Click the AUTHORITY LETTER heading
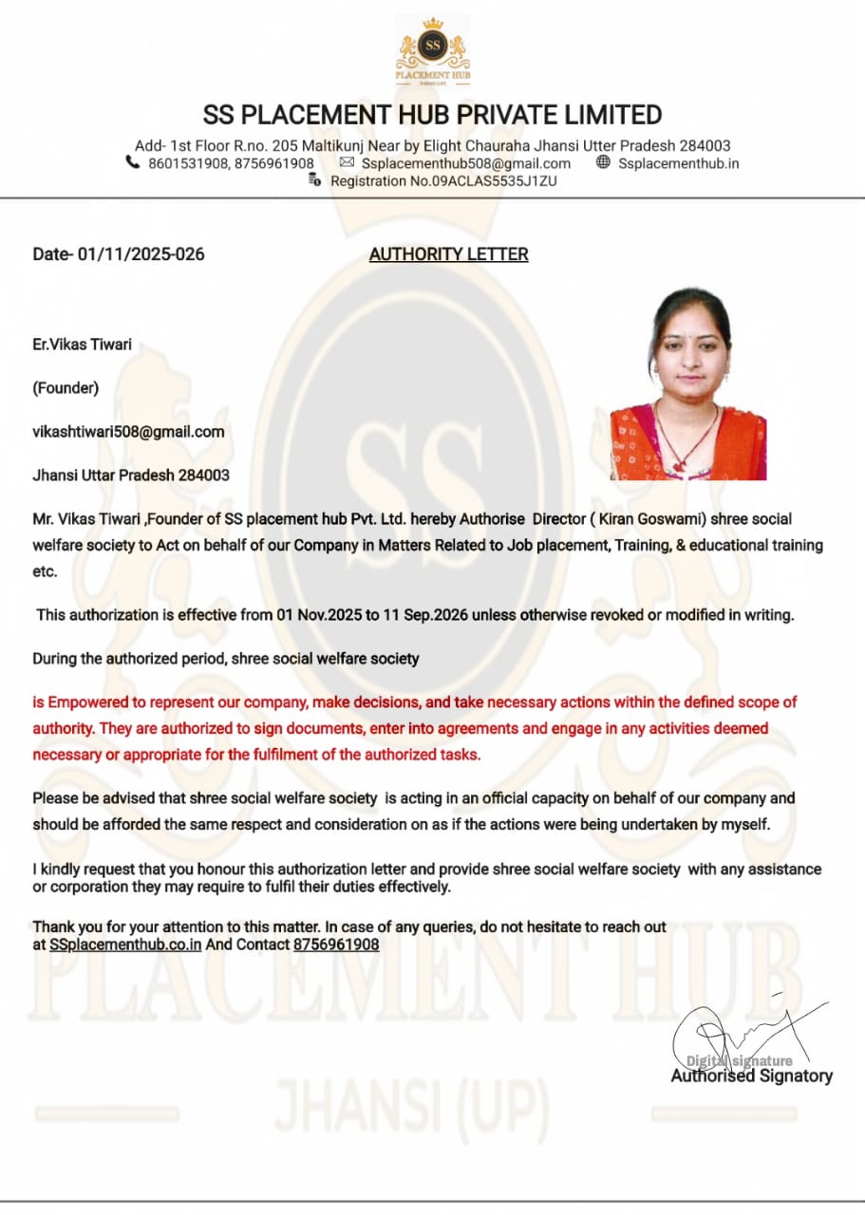[x=448, y=254]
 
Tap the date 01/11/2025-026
[x=141, y=254]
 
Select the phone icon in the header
[x=132, y=162]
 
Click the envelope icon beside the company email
[x=347, y=163]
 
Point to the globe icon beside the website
[x=603, y=162]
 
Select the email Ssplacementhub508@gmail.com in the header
[x=466, y=163]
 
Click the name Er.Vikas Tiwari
[x=83, y=345]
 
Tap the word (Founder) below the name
[x=66, y=387]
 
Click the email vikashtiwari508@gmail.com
[x=128, y=432]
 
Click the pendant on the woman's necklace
[x=680, y=466]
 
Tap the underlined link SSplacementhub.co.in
[x=125, y=944]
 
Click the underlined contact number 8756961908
[x=336, y=944]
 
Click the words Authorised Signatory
[x=751, y=1075]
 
